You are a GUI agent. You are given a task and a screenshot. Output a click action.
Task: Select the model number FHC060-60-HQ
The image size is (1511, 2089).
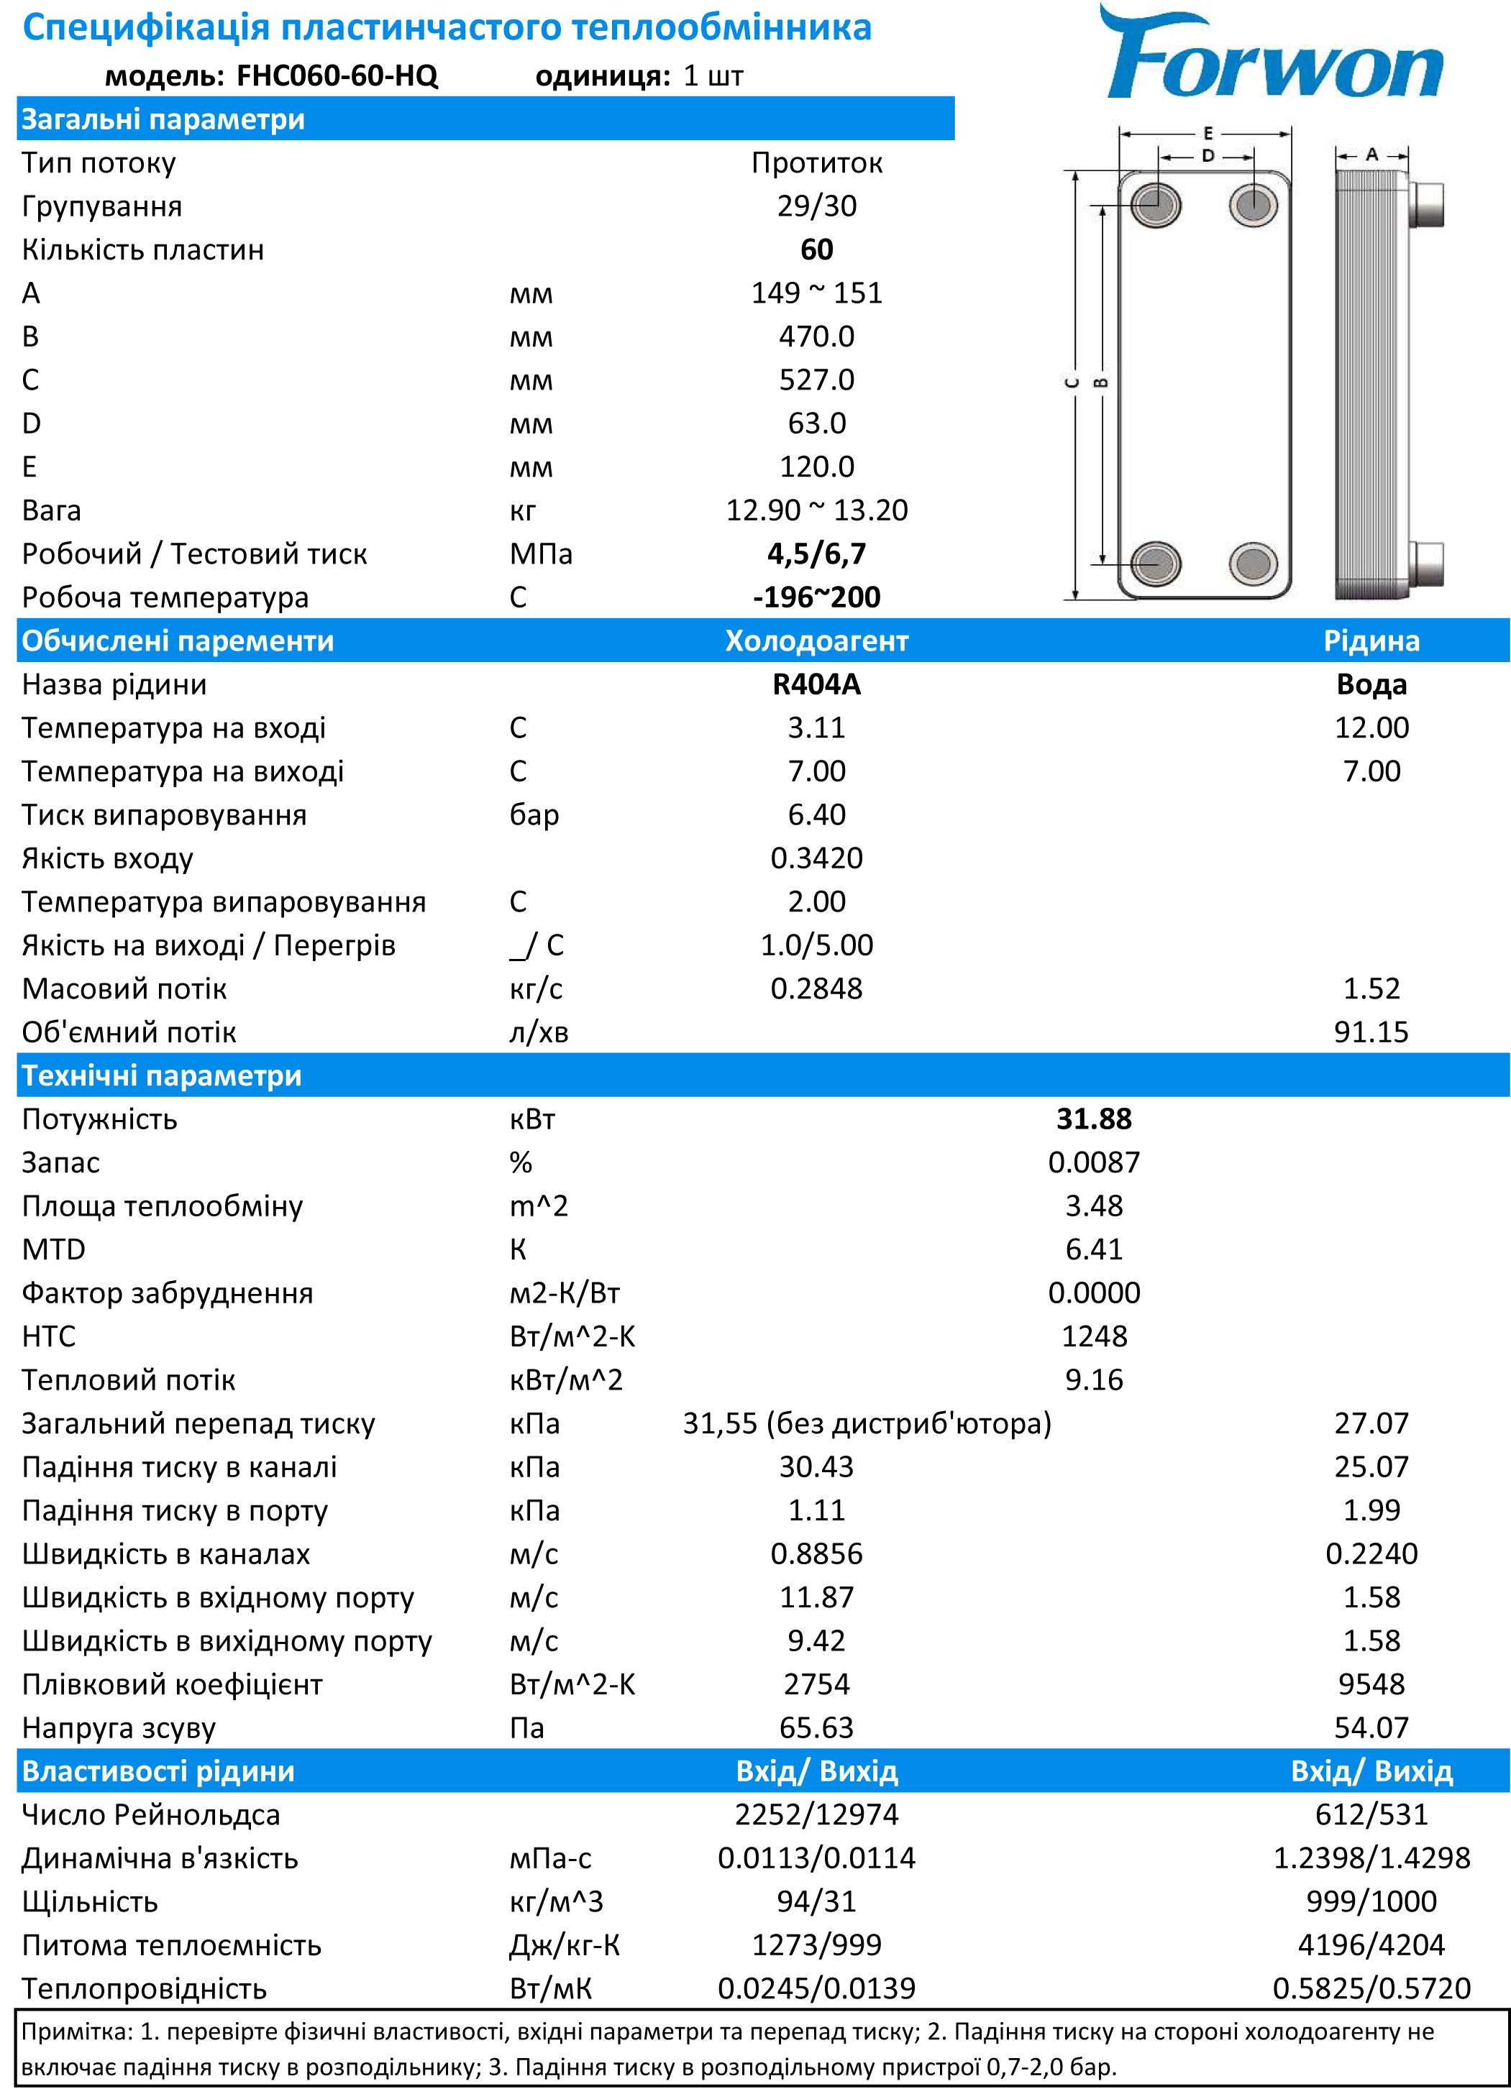337,75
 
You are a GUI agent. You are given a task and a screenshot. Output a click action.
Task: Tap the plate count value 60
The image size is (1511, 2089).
816,249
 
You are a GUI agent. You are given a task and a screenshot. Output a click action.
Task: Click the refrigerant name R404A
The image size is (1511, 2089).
816,684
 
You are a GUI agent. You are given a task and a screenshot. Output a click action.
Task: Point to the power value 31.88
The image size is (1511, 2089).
1094,1119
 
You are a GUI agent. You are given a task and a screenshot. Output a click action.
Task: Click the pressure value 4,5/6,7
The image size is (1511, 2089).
816,554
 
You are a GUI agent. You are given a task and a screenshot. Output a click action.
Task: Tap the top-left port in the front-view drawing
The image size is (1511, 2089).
1155,203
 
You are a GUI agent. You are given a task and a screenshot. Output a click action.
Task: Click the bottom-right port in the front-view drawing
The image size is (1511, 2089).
1253,563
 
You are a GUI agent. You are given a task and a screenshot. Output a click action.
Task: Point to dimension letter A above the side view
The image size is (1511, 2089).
1372,155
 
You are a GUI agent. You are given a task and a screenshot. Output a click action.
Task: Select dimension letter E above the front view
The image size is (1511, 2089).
1208,134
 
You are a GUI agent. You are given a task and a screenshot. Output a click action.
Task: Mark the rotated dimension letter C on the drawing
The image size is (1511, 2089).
1072,382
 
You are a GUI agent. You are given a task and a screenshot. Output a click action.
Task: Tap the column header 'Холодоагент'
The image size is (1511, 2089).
816,641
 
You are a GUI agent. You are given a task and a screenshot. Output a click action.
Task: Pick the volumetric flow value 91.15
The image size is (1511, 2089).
1371,1032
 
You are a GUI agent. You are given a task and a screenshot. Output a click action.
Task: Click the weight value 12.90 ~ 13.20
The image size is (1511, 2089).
816,510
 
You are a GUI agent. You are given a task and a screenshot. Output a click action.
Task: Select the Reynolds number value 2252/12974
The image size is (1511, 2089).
816,1814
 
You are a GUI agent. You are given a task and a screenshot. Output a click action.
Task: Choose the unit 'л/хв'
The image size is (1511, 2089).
539,1032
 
